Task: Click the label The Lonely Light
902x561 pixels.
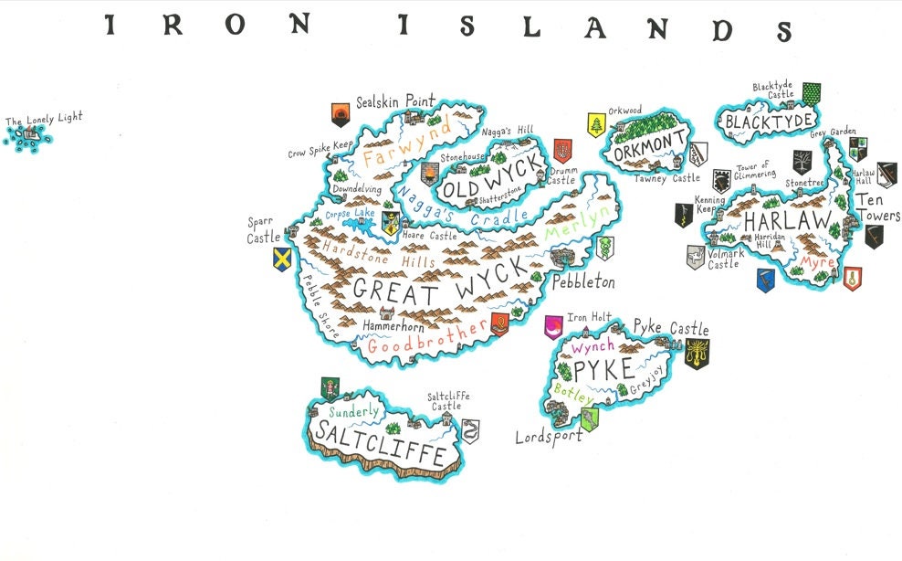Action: pyautogui.click(x=44, y=119)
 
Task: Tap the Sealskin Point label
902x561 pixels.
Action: pyautogui.click(x=395, y=102)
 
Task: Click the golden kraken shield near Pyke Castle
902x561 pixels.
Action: pyautogui.click(x=697, y=354)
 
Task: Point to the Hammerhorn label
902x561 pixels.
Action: pyautogui.click(x=393, y=325)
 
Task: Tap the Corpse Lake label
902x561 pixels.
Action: pyautogui.click(x=351, y=214)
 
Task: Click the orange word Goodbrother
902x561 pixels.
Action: pyautogui.click(x=427, y=342)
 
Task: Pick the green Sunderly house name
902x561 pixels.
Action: pyautogui.click(x=353, y=411)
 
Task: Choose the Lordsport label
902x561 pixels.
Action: pyautogui.click(x=548, y=437)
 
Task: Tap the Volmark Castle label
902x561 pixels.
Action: pyautogui.click(x=724, y=259)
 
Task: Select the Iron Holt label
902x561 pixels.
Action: pyautogui.click(x=590, y=318)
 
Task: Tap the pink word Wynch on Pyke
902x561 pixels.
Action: pyautogui.click(x=593, y=347)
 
